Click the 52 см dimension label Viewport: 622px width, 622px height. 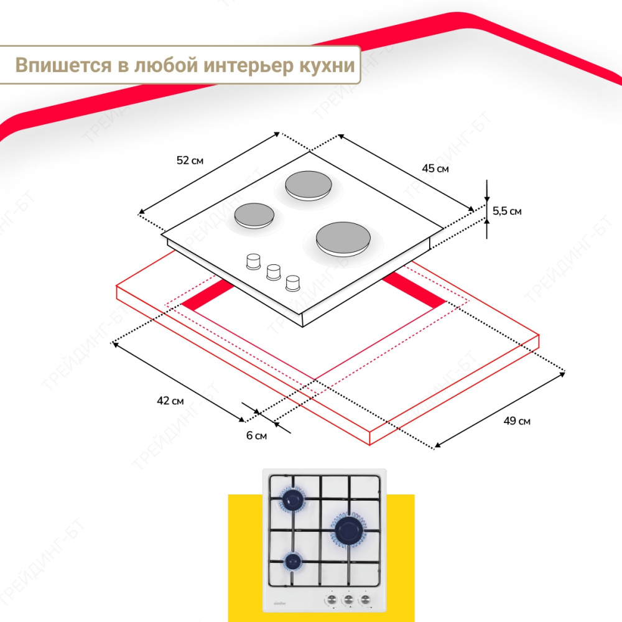[190, 160]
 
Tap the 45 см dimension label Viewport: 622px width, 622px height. [435, 169]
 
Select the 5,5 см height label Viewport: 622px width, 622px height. [507, 211]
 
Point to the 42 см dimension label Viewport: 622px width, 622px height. [170, 401]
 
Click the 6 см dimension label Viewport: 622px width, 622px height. [256, 435]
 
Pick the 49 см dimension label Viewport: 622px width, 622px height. [517, 421]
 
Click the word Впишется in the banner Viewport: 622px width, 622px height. [63, 65]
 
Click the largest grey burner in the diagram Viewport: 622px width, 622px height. [343, 239]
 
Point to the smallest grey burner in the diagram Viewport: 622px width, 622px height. [254, 215]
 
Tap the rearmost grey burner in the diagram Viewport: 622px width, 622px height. [309, 185]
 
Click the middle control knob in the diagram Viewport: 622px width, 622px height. [273, 272]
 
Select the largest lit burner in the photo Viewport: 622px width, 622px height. [348, 531]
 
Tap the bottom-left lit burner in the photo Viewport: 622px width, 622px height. [293, 561]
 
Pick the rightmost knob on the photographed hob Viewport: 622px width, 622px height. [365, 599]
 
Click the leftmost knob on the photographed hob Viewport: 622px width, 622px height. [332, 599]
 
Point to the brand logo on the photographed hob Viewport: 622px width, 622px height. [280, 603]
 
